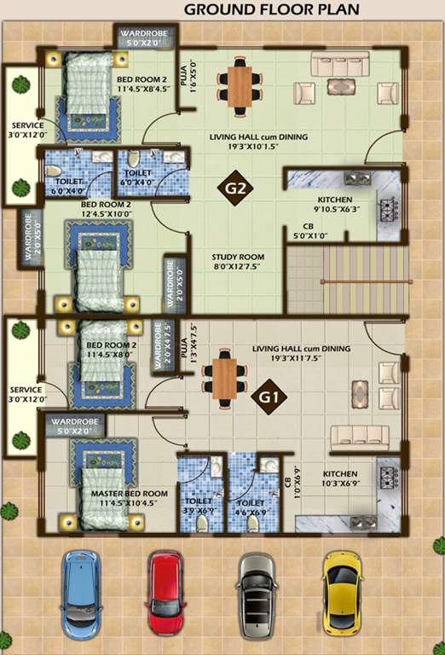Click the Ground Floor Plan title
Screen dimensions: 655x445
click(271, 10)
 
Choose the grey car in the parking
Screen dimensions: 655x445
click(256, 594)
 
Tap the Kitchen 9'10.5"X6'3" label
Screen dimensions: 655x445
click(317, 206)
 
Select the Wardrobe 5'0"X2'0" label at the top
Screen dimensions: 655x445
click(146, 37)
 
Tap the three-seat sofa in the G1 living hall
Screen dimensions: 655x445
click(359, 435)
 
